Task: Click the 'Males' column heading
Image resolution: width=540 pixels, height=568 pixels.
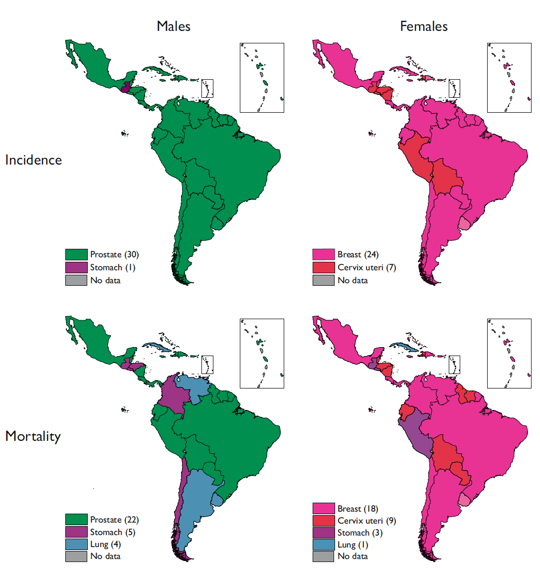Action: tap(173, 26)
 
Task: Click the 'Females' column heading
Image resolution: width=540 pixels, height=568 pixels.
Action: tap(423, 26)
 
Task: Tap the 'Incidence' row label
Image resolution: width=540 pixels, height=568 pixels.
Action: tap(33, 160)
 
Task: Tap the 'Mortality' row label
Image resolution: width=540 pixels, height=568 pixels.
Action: tap(33, 436)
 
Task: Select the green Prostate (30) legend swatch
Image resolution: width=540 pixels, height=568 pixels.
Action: tap(76, 254)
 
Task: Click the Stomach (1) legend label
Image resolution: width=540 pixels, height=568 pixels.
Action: tap(113, 267)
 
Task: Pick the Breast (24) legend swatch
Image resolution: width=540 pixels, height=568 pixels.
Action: tap(323, 254)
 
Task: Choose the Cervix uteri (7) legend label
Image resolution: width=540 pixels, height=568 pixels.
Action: tap(366, 267)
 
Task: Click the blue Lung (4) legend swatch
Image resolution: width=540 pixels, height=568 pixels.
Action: tap(76, 544)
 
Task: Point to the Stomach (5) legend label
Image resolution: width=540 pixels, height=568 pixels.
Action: tap(113, 532)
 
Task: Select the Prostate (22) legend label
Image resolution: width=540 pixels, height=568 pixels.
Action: tap(114, 520)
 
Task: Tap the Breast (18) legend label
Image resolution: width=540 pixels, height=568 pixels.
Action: tap(358, 509)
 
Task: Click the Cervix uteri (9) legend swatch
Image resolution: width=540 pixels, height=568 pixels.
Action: tap(323, 521)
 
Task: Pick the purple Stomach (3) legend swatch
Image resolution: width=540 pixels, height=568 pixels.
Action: tap(323, 533)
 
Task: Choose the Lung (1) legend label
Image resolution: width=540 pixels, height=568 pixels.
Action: tap(353, 545)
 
